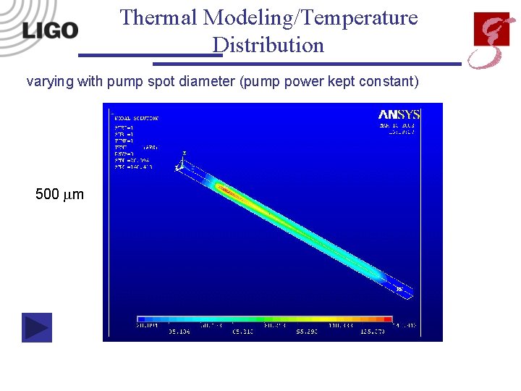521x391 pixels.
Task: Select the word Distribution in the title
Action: [268, 45]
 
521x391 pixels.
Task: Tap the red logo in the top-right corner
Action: [490, 39]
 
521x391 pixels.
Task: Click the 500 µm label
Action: [59, 194]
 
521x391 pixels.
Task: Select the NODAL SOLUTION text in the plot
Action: [135, 117]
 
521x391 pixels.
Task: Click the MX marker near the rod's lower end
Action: [399, 288]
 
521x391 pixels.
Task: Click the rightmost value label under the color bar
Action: [406, 327]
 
